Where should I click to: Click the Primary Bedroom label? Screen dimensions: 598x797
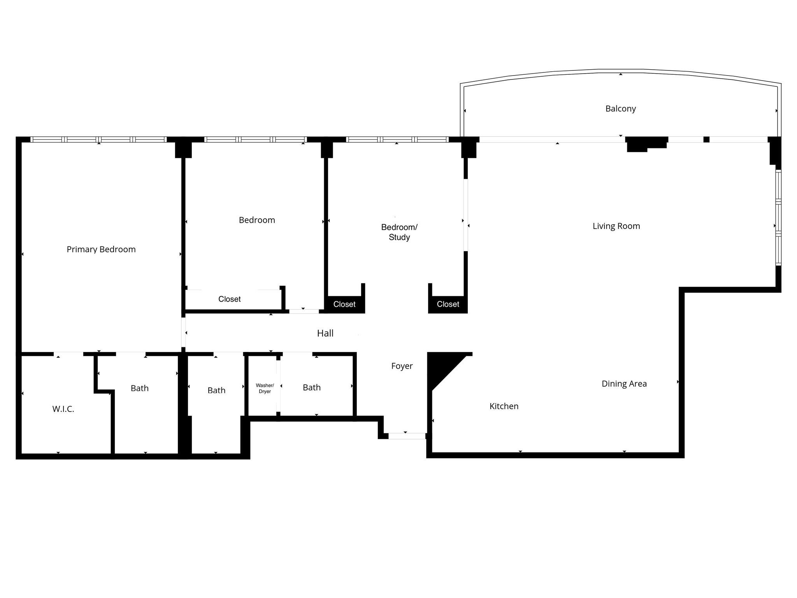click(x=101, y=249)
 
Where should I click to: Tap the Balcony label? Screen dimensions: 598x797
click(x=620, y=109)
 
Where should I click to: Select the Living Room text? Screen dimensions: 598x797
click(x=616, y=226)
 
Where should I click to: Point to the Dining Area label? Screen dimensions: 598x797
click(x=624, y=383)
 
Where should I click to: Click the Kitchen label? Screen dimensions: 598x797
click(x=504, y=406)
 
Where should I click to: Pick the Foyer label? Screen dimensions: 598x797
click(x=402, y=366)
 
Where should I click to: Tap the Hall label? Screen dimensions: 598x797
click(x=325, y=333)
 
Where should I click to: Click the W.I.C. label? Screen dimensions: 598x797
click(x=63, y=409)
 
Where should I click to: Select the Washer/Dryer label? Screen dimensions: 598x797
click(x=265, y=388)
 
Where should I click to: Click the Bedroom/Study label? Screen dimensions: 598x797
click(x=399, y=232)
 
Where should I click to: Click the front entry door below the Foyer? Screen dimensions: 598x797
click(x=407, y=436)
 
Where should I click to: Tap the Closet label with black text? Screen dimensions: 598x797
click(x=229, y=299)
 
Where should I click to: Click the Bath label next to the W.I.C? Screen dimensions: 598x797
click(x=139, y=388)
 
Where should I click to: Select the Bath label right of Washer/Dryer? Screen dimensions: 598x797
click(x=311, y=387)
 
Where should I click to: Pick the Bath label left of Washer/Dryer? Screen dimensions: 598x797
click(x=216, y=390)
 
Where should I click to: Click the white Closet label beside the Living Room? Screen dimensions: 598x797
click(x=448, y=304)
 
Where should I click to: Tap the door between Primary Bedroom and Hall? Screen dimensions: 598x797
click(x=183, y=332)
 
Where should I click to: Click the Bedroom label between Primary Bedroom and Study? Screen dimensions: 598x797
click(x=257, y=220)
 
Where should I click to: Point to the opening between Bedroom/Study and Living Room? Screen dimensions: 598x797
click(x=465, y=215)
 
